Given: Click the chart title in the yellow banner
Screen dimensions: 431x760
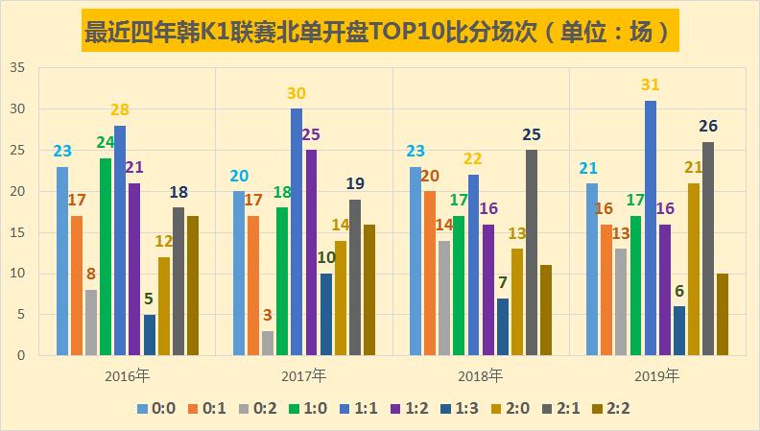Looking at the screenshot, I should [380, 31].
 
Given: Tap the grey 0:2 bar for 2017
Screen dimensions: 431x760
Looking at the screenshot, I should [268, 343].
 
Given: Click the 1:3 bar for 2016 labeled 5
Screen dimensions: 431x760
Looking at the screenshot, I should [149, 335].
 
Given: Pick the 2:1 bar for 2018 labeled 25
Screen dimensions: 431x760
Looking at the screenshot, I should [532, 252].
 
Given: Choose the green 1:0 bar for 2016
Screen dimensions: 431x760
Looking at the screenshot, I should [106, 256].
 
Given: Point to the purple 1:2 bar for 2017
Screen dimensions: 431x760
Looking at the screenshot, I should [311, 252].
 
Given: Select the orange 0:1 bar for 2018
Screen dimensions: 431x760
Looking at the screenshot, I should [430, 274].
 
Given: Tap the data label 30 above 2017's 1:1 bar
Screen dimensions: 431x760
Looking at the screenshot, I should [297, 93].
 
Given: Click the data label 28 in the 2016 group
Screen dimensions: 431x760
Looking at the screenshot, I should [120, 109].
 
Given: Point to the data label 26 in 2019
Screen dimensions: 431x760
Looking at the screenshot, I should [708, 126].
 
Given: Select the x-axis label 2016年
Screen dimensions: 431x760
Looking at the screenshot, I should [127, 374].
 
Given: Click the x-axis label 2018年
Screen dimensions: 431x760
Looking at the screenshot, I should [482, 374].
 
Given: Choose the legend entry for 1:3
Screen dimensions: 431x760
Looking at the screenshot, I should [455, 408].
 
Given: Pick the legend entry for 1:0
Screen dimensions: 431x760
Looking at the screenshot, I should [304, 408].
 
